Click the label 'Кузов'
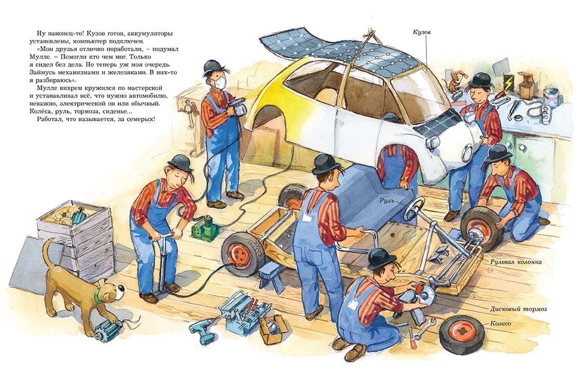(422, 32)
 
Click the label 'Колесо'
(501, 323)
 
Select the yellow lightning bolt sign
(507, 81)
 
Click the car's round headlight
(433, 142)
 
